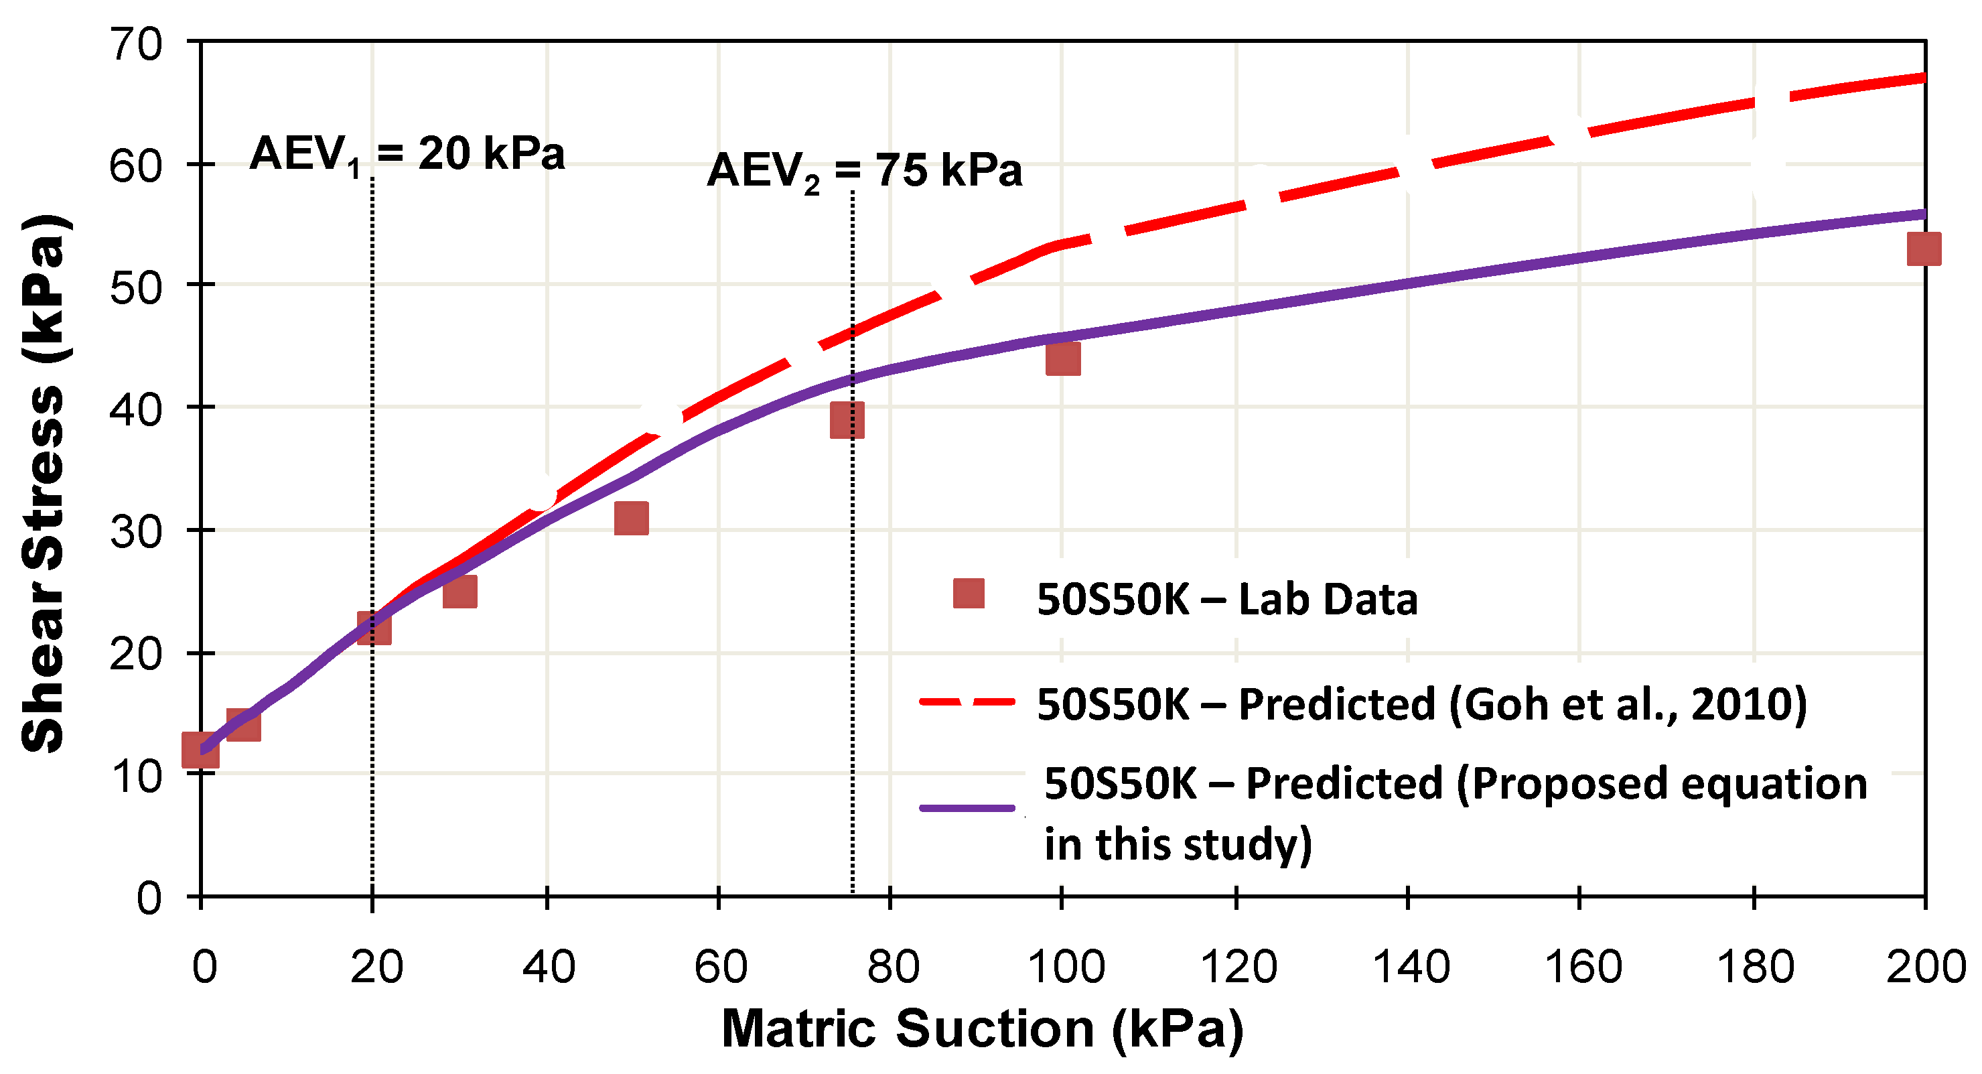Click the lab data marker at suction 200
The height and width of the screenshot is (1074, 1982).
[x=1924, y=249]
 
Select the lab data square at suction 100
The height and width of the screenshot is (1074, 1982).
[x=1062, y=358]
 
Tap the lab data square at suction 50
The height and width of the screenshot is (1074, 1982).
[x=631, y=518]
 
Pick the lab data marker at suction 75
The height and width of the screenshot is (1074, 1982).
[x=847, y=419]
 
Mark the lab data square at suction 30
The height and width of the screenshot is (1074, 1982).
[x=459, y=591]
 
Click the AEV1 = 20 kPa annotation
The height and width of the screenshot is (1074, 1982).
[x=407, y=153]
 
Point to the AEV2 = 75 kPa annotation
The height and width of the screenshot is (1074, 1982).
[x=864, y=171]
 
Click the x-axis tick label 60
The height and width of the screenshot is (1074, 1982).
[x=720, y=967]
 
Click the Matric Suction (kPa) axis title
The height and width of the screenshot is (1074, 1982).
[x=982, y=1028]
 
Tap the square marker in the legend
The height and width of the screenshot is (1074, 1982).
[x=969, y=594]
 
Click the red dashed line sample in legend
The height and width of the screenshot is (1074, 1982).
[x=967, y=701]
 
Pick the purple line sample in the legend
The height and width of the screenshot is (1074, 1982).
[x=967, y=808]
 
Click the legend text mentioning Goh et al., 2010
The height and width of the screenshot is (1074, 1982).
[x=1421, y=703]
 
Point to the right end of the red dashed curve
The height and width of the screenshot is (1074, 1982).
[x=1921, y=78]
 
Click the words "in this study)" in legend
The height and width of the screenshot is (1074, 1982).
[x=1177, y=844]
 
